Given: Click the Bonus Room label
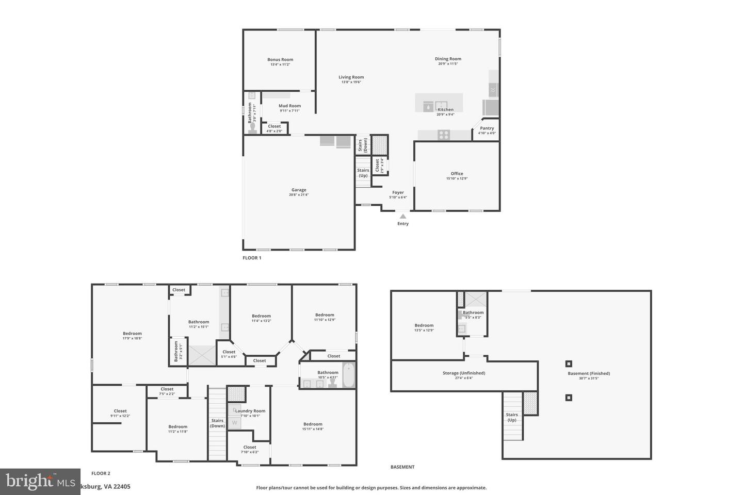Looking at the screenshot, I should [x=280, y=60].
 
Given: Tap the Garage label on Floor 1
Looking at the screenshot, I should [x=299, y=190].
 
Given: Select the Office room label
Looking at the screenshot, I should [x=457, y=174].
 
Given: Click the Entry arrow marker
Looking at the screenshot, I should [x=403, y=217].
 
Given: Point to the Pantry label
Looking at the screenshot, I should [x=487, y=128].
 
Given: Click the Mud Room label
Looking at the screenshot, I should [x=289, y=106].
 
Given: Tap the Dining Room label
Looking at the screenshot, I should [x=448, y=59].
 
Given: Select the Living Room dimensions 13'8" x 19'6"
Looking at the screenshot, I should [x=351, y=82].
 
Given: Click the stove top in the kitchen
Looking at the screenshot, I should [x=443, y=135].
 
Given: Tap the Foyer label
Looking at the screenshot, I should [x=398, y=193].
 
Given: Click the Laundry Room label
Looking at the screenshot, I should [x=250, y=411].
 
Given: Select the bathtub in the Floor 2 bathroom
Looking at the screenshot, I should [x=349, y=375].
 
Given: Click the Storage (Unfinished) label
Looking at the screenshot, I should [x=464, y=373].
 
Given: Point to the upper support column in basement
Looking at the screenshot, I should [x=569, y=364].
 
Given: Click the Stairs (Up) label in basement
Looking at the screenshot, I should [x=512, y=417].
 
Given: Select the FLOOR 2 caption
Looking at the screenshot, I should [x=101, y=473].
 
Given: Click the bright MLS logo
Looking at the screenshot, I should [x=40, y=482].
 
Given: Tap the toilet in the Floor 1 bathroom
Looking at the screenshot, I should [x=252, y=127].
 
